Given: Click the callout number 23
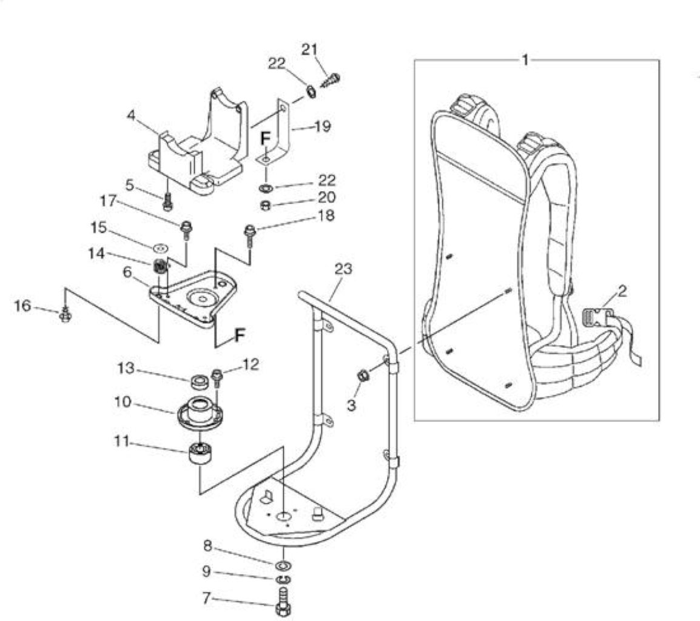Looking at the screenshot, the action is pyautogui.click(x=343, y=269).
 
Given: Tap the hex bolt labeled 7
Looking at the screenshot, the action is pyautogui.click(x=283, y=602).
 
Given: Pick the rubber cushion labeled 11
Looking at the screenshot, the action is pyautogui.click(x=200, y=454).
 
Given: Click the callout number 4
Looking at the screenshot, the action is pyautogui.click(x=131, y=116).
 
